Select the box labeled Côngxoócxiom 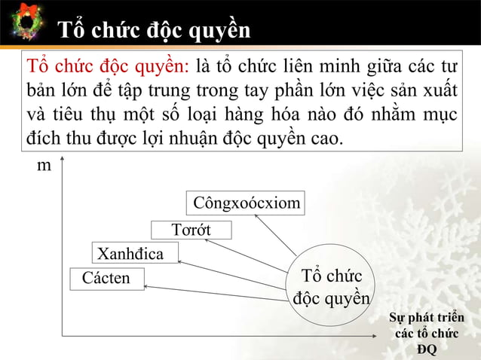coord(246,203)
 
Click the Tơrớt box coord(191,230)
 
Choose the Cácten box coord(106,279)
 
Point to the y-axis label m coord(44,165)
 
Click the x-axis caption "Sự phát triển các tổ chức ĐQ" coord(426,331)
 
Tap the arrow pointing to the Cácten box coord(219,288)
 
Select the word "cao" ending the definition coord(324,139)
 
